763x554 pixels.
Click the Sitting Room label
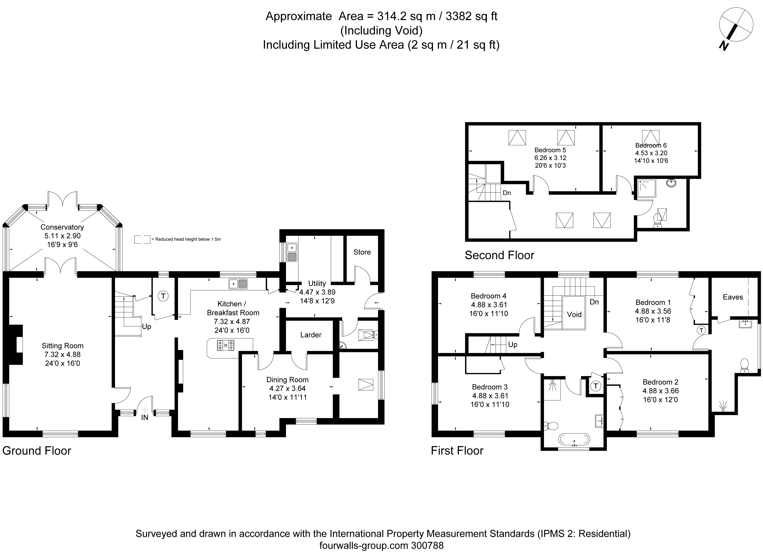click(x=63, y=346)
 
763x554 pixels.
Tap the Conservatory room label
click(x=62, y=227)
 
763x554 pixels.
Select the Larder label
click(x=311, y=335)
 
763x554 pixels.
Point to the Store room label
click(x=362, y=252)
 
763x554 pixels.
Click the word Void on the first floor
click(x=574, y=314)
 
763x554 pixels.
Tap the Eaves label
click(x=733, y=297)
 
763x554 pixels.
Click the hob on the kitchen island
click(x=226, y=345)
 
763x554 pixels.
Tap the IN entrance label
click(x=145, y=417)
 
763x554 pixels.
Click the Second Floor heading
click(x=499, y=255)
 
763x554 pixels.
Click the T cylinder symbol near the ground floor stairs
click(x=163, y=296)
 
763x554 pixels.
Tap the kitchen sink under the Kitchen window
click(x=238, y=284)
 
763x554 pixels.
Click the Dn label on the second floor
click(x=507, y=193)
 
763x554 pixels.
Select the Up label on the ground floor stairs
click(x=146, y=327)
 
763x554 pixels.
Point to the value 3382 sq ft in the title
click(x=472, y=16)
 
